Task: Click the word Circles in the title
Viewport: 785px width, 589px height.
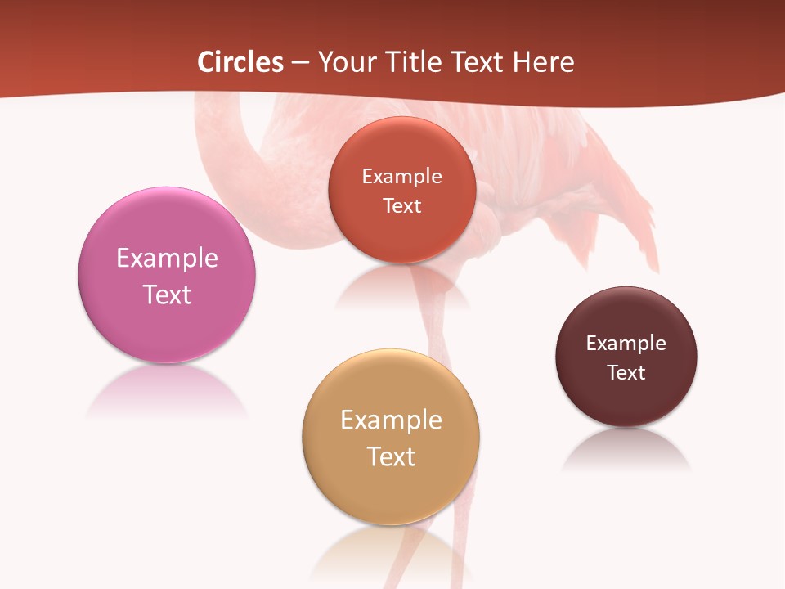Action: point(240,62)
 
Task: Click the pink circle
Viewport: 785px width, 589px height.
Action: point(167,319)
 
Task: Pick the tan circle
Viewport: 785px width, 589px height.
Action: point(391,491)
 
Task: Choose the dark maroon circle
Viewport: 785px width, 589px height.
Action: point(626,401)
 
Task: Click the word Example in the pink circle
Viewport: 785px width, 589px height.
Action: point(167,258)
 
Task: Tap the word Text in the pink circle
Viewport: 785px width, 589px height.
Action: point(167,294)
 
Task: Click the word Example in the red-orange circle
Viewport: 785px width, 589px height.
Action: point(401,176)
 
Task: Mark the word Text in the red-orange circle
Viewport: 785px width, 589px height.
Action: point(401,205)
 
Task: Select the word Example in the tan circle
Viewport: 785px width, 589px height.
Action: point(391,420)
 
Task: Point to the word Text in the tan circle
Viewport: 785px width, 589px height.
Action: point(391,456)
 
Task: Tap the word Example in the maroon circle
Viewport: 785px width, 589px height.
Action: point(626,343)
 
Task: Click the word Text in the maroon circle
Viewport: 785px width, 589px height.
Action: point(626,372)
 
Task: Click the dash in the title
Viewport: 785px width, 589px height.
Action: point(300,63)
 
